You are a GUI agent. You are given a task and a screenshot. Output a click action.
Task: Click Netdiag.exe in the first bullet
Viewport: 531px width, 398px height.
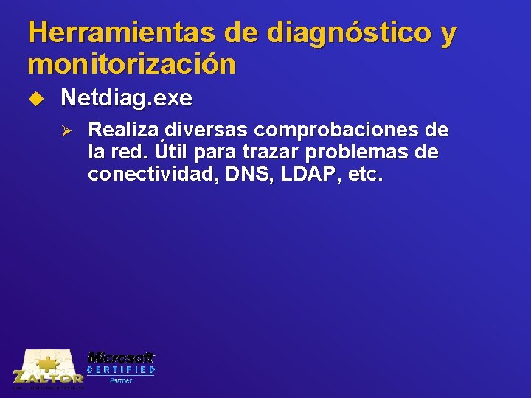tap(126, 97)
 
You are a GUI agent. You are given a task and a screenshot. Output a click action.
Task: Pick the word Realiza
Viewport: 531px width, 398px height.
tap(123, 131)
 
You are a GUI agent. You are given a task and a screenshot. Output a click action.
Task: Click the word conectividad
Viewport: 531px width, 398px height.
tap(149, 175)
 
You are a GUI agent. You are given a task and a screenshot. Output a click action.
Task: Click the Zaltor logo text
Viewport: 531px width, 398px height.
tap(48, 377)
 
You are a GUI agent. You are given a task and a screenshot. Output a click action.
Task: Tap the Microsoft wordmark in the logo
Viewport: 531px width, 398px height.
tap(121, 357)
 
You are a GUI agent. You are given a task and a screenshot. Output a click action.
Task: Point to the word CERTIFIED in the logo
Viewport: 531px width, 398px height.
tap(121, 369)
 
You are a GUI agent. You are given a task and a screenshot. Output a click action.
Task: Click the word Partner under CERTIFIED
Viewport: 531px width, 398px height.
tap(121, 380)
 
